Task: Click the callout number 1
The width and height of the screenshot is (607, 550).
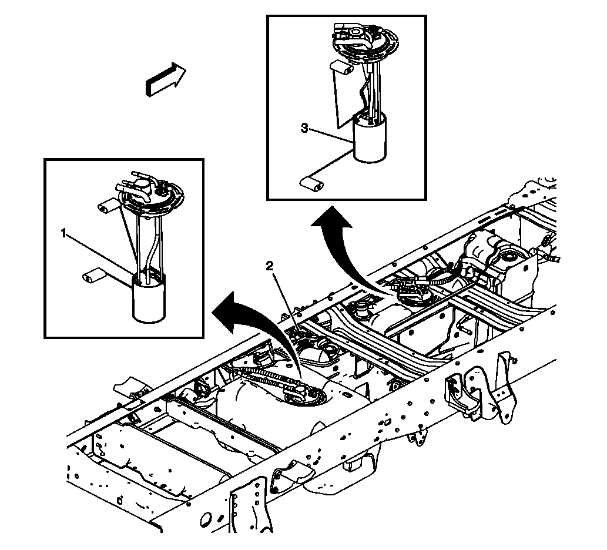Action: click(x=63, y=233)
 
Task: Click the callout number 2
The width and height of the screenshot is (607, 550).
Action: click(x=270, y=266)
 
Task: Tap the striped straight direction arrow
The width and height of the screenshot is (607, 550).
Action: click(x=165, y=80)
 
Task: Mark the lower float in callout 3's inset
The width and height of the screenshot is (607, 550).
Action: click(x=311, y=185)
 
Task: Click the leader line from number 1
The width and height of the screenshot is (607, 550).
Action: click(x=100, y=253)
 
